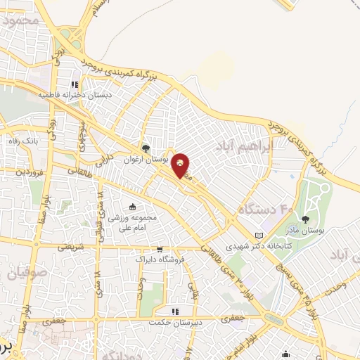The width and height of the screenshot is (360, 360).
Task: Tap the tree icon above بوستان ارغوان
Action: click(146, 148)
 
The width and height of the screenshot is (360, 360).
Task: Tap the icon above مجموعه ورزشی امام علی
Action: click(132, 206)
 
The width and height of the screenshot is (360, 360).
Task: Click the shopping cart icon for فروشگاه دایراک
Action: click(160, 249)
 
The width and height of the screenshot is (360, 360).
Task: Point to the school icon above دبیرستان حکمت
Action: click(176, 311)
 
